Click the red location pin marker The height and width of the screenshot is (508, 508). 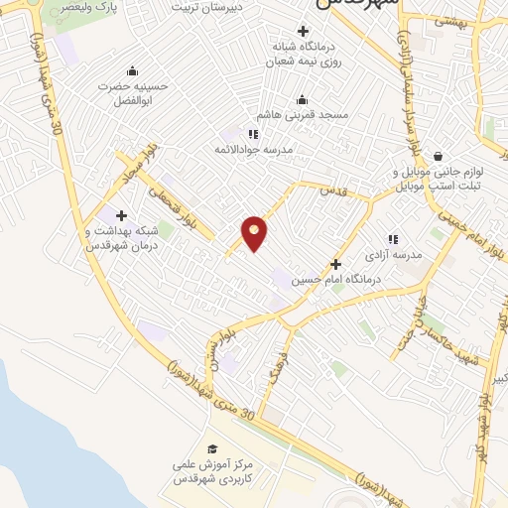point(255,232)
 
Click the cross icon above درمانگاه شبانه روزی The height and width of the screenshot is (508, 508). point(303,31)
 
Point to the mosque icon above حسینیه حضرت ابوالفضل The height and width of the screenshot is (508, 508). point(132,70)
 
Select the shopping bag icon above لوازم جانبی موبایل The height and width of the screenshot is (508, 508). point(438,156)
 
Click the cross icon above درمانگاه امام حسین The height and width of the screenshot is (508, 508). point(335,264)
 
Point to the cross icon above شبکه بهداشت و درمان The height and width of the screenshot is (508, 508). point(121,215)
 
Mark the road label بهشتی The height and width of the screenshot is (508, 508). point(451,20)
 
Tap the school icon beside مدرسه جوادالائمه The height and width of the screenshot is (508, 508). point(253,134)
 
